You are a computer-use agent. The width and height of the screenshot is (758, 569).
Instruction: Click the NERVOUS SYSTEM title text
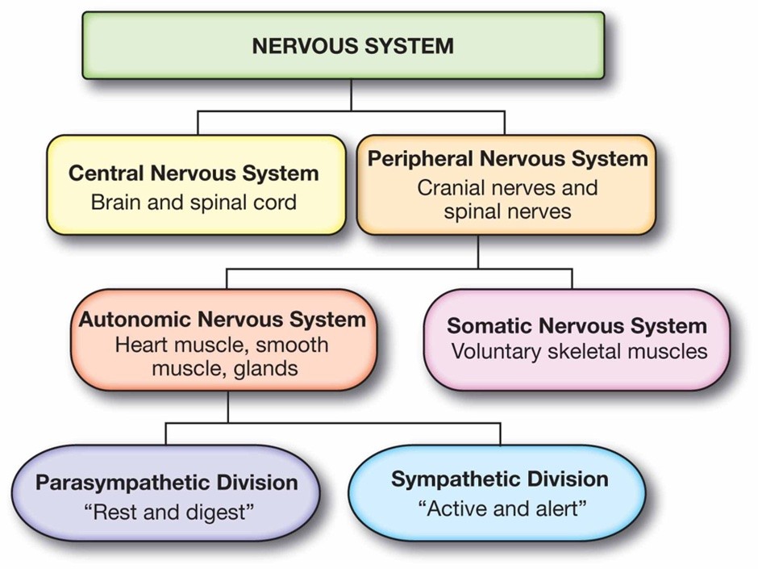click(x=352, y=45)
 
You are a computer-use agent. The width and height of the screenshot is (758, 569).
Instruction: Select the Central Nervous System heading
click(x=194, y=173)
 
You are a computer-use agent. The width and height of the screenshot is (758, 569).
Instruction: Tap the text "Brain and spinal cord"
click(x=194, y=201)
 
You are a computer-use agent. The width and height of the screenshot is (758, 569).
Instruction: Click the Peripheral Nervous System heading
click(x=507, y=158)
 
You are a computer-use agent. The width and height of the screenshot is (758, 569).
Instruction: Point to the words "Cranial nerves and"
click(x=507, y=187)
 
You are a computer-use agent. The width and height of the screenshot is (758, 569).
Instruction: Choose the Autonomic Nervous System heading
click(x=222, y=319)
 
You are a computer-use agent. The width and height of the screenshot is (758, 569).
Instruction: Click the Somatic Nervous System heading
click(x=577, y=326)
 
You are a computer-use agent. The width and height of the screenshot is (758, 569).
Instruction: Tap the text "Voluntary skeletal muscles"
click(x=579, y=352)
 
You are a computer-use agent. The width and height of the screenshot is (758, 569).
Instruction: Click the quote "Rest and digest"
click(x=166, y=511)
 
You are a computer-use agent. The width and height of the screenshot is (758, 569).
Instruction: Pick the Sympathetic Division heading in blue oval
click(x=499, y=479)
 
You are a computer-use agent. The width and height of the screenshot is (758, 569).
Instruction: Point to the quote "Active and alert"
click(x=501, y=508)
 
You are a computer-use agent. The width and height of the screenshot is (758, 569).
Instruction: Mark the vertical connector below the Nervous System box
click(x=352, y=95)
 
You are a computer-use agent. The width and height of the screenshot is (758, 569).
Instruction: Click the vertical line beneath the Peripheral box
click(x=478, y=252)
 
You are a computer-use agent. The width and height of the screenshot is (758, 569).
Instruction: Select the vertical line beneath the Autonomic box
click(x=228, y=406)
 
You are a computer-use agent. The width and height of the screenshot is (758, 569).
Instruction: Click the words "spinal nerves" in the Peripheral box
click(x=506, y=211)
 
